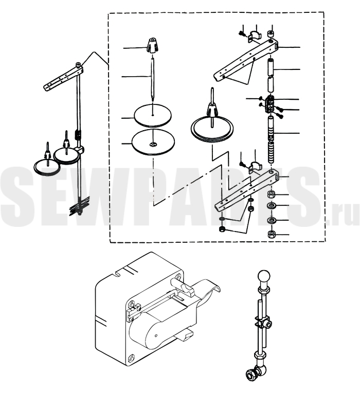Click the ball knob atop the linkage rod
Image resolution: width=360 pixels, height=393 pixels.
point(264,277)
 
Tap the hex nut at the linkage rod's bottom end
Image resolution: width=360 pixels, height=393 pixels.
point(251,375)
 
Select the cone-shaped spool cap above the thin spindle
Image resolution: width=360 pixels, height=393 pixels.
point(152,45)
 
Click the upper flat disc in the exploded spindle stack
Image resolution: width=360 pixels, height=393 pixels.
point(153,116)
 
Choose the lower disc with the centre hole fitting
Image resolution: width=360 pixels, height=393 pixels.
point(153,142)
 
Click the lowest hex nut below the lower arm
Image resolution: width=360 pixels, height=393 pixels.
point(272,235)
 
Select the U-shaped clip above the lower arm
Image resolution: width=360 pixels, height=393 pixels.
point(255,167)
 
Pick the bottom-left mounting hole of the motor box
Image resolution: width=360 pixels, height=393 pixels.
point(131,358)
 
